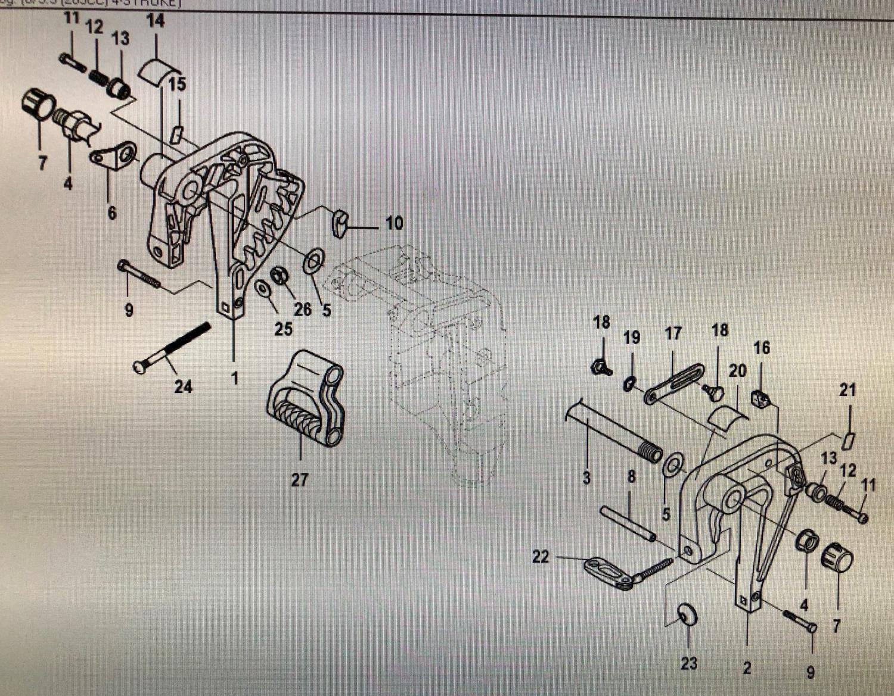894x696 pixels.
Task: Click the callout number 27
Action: point(299,480)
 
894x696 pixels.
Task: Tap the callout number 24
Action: point(183,387)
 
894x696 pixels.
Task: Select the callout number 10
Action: point(394,223)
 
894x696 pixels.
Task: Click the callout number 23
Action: point(688,663)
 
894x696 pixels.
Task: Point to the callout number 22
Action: point(540,557)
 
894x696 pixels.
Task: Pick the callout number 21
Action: point(848,391)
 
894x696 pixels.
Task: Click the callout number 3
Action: point(586,477)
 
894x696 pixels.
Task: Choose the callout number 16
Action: point(762,348)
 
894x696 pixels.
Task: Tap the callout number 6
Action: point(112,213)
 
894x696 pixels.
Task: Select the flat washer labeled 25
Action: point(262,288)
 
